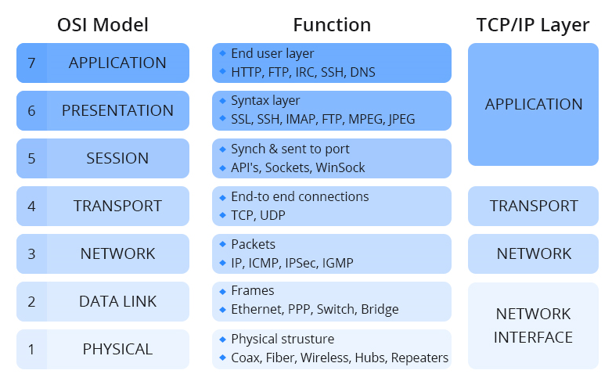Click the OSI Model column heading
click(103, 24)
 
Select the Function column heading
click(332, 24)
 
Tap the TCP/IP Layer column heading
click(533, 24)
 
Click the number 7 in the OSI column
click(31, 63)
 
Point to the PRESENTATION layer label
click(117, 110)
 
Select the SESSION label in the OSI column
click(117, 158)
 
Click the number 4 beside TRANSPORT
click(31, 207)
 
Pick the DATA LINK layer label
click(117, 301)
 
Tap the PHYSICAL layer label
click(117, 349)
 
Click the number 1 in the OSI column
click(31, 350)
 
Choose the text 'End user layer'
click(272, 54)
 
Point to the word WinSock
click(342, 167)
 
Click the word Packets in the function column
click(253, 244)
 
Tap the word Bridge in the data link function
click(380, 310)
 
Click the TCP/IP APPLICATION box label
click(534, 104)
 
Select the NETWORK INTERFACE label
click(534, 325)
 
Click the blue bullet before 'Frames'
click(222, 290)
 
